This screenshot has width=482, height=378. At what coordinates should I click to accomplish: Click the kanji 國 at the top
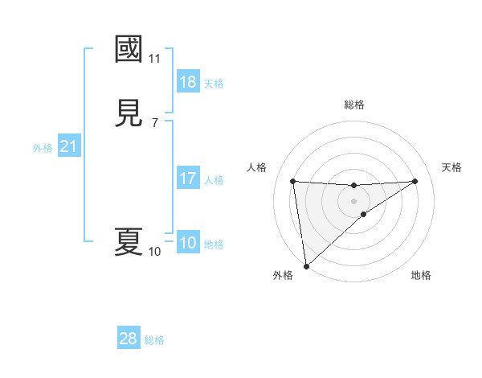coord(129,49)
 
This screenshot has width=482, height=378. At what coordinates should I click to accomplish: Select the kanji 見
coord(129,113)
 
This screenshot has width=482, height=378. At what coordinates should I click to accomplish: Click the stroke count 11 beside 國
coord(155,59)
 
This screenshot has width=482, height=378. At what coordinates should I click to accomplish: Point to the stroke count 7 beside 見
coord(155,123)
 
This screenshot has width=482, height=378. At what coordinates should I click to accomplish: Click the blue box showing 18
coord(188,82)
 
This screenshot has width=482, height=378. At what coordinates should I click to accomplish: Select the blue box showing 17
coord(188,179)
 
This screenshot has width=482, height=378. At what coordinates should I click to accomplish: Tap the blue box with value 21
coord(68,147)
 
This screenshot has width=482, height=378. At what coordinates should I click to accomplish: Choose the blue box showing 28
coord(129,339)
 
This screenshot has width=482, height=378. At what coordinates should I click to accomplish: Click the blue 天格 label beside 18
coord(214,83)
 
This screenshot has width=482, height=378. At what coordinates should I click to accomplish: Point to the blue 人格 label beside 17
coord(214,179)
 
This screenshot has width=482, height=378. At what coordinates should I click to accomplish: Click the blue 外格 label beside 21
coord(43,148)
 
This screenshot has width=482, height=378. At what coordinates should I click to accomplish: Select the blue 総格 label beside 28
coord(154,339)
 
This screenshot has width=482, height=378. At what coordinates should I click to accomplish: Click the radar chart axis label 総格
coord(354,105)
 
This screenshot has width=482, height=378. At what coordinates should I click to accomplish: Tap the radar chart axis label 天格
coord(451,167)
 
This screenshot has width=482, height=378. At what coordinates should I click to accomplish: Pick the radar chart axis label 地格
coord(421,275)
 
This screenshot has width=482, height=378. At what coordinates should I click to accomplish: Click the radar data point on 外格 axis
coord(305,266)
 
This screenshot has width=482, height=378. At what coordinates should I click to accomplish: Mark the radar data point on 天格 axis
coord(415,181)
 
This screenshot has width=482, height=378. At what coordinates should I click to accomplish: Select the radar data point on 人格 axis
coord(293,181)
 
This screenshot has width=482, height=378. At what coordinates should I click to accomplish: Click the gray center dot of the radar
coord(354,200)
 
